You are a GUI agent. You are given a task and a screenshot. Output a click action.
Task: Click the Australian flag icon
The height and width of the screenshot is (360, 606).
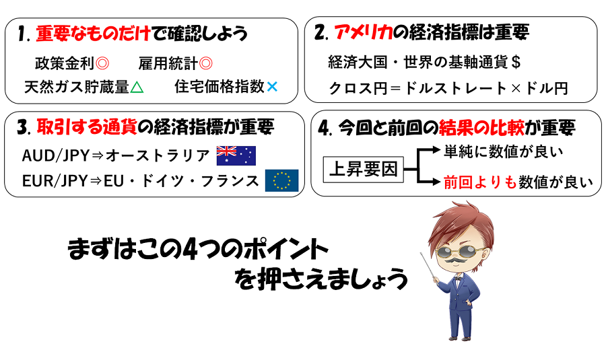(x=236, y=155)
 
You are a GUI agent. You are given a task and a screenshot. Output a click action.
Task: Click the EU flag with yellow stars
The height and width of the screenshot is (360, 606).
(x=281, y=180)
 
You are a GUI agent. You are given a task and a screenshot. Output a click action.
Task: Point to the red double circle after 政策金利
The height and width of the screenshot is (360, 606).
(x=102, y=63)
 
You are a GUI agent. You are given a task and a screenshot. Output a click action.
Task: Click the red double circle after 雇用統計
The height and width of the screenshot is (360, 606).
(x=206, y=63)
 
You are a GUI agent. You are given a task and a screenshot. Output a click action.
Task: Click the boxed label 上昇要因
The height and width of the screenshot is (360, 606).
(x=364, y=169)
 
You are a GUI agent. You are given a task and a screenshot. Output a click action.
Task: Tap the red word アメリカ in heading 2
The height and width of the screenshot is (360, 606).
(x=363, y=32)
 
